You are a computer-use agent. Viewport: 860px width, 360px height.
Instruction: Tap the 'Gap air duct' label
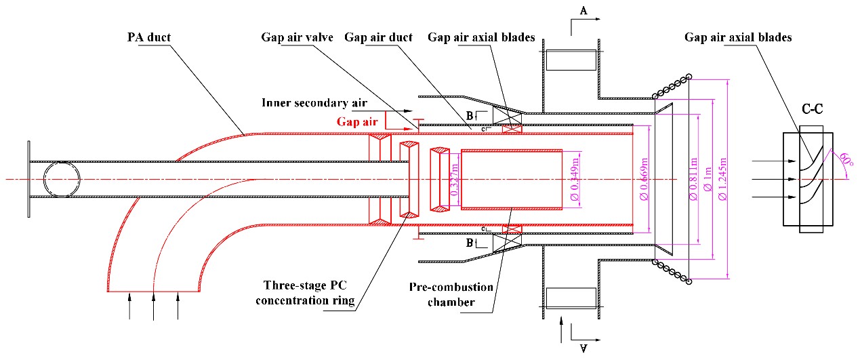point(378,37)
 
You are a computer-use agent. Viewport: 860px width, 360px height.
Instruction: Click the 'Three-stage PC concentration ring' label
point(306,293)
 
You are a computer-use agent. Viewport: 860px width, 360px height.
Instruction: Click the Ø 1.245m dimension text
point(722,178)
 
